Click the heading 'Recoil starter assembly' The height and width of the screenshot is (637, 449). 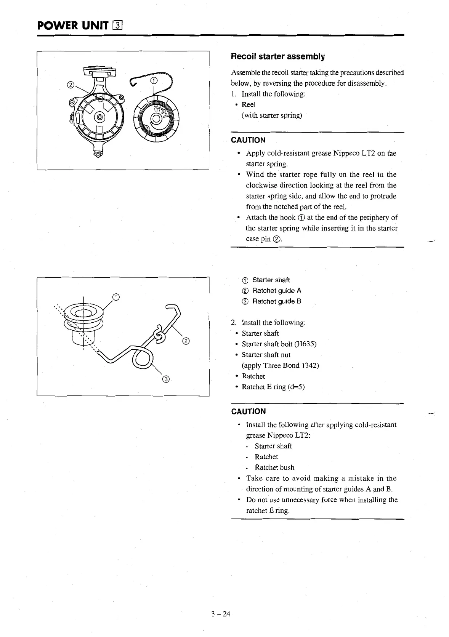tap(278, 57)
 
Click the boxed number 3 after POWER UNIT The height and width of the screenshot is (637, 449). tap(117, 26)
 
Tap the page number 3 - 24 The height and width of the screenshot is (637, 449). tap(221, 614)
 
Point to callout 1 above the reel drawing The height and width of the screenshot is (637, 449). tap(154, 80)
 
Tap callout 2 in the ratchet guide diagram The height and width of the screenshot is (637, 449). tap(186, 341)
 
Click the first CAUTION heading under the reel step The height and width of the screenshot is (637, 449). tap(248, 140)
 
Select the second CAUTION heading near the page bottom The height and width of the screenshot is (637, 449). tap(248, 411)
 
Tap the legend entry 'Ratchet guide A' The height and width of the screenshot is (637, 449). tap(277, 291)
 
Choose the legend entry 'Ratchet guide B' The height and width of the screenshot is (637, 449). tap(277, 301)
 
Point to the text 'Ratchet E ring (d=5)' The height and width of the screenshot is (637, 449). tap(273, 387)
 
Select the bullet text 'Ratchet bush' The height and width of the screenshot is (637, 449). tap(274, 467)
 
